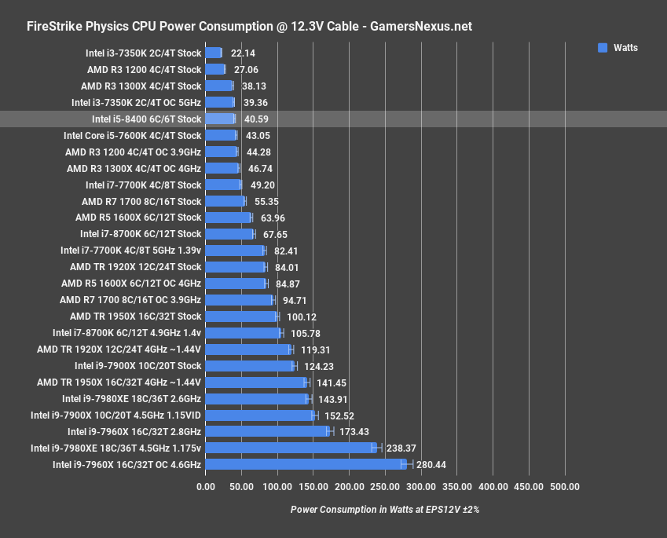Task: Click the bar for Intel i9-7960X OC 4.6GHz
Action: click(305, 464)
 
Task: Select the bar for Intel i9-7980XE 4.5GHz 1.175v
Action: click(289, 448)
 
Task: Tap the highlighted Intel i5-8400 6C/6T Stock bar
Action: click(220, 119)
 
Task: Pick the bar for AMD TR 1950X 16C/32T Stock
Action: click(241, 317)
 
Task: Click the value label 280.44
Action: click(432, 465)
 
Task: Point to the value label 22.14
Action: click(244, 53)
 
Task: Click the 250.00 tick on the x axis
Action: click(385, 487)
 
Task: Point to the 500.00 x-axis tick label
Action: click(565, 487)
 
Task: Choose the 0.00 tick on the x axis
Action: click(205, 487)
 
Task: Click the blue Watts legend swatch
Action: click(603, 48)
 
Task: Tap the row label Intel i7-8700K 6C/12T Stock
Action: click(141, 234)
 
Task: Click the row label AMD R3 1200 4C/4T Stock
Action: click(145, 69)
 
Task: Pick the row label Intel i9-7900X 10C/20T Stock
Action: click(137, 366)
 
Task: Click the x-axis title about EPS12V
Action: click(384, 509)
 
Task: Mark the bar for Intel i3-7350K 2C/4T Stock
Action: click(213, 53)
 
